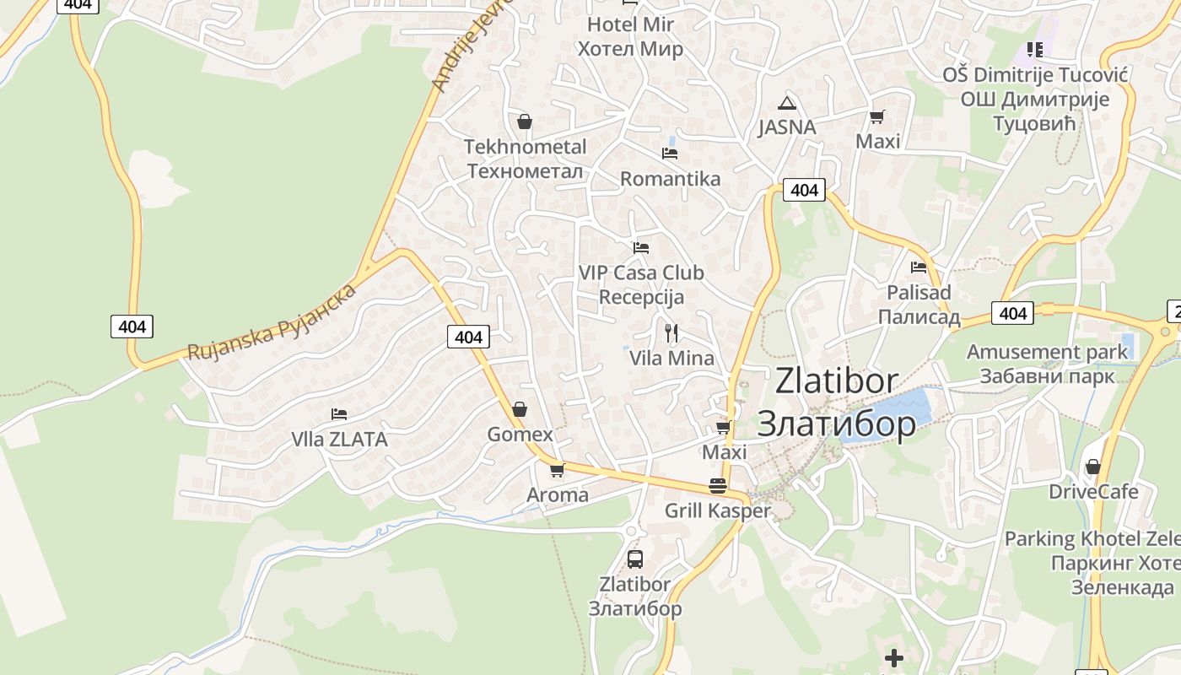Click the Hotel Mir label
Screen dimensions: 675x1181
click(x=630, y=36)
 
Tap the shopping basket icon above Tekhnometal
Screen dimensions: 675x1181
click(x=525, y=122)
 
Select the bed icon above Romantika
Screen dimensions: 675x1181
click(x=670, y=154)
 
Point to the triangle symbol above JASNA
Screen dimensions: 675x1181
click(x=787, y=104)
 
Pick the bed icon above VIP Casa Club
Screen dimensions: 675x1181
click(x=641, y=248)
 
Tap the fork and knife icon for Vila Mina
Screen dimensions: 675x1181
click(x=671, y=333)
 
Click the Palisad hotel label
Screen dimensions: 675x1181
click(x=919, y=305)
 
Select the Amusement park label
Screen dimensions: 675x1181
click(x=1047, y=364)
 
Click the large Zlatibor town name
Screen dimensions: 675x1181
click(x=837, y=402)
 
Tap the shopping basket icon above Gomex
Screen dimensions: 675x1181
click(x=520, y=409)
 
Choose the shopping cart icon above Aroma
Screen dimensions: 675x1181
click(x=557, y=470)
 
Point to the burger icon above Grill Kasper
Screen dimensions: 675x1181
click(x=718, y=486)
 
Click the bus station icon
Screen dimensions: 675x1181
click(x=635, y=559)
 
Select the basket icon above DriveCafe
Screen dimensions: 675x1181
click(x=1093, y=467)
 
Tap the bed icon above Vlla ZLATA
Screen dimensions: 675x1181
click(x=339, y=414)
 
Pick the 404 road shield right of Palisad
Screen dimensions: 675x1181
click(x=1012, y=314)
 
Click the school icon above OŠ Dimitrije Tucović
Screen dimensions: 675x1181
click(x=1035, y=50)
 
